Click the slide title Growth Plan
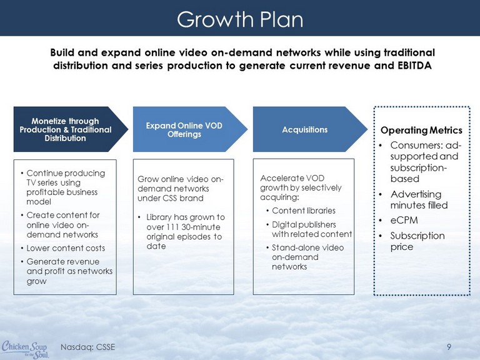click(x=240, y=19)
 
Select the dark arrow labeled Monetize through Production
click(x=71, y=129)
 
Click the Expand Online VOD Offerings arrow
click(x=190, y=129)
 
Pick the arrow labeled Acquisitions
click(x=310, y=129)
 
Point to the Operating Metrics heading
click(x=421, y=131)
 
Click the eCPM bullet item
click(x=404, y=221)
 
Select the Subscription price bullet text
click(x=417, y=241)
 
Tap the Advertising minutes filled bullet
click(x=419, y=199)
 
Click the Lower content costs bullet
click(x=66, y=248)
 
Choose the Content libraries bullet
click(x=303, y=211)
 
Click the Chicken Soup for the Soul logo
click(x=25, y=349)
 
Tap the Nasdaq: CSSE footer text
click(x=88, y=347)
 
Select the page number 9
click(x=449, y=347)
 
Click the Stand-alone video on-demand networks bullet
click(x=307, y=257)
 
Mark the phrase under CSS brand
click(x=171, y=198)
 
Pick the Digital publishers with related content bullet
click(x=312, y=229)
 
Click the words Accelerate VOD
click(x=292, y=178)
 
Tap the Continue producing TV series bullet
click(x=66, y=187)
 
